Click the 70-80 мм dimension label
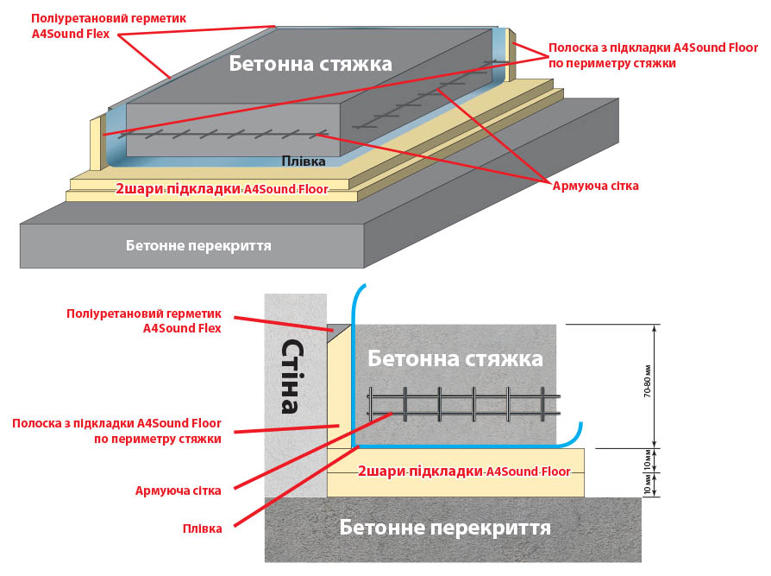pos(648,381)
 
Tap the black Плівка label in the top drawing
pos(304,161)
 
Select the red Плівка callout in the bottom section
pos(202,529)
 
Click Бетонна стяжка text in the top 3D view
pos(310,64)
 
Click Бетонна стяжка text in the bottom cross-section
pos(455,358)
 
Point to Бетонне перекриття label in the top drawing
pos(198,245)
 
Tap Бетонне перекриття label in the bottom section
pos(445,528)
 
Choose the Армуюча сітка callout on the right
pos(595,186)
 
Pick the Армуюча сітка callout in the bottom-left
pos(178,491)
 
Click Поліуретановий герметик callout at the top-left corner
pos(109,26)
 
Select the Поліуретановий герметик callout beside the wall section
pos(144,321)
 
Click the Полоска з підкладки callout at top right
pos(654,55)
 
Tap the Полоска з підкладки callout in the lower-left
pos(116,431)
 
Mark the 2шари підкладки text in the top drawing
pos(222,189)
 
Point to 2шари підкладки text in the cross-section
pos(464,472)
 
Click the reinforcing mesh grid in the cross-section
pos(464,403)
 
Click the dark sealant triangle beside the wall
pos(339,332)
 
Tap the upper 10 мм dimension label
pos(648,459)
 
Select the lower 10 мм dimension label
pos(648,484)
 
